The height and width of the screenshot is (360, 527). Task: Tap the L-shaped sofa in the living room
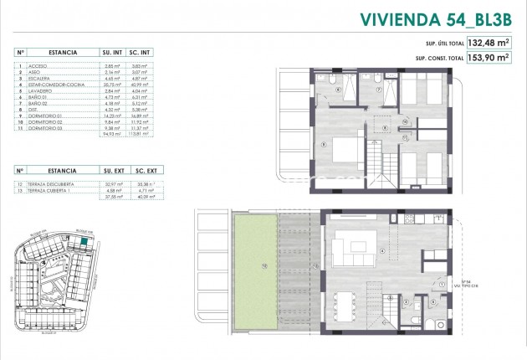[x=347, y=249]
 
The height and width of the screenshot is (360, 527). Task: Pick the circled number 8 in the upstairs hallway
[x=384, y=127]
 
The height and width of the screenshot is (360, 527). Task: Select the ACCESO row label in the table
[x=38, y=64]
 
